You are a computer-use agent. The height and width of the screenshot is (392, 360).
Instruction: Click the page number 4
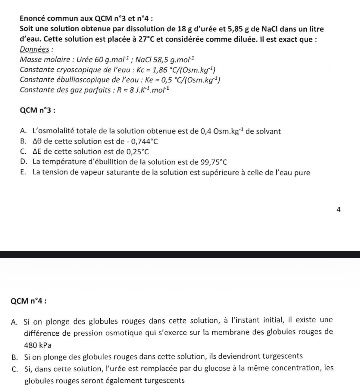point(339,209)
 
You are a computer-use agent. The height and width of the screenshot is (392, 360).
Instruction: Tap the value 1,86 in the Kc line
point(159,70)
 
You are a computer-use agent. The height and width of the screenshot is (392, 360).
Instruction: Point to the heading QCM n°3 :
point(37,110)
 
